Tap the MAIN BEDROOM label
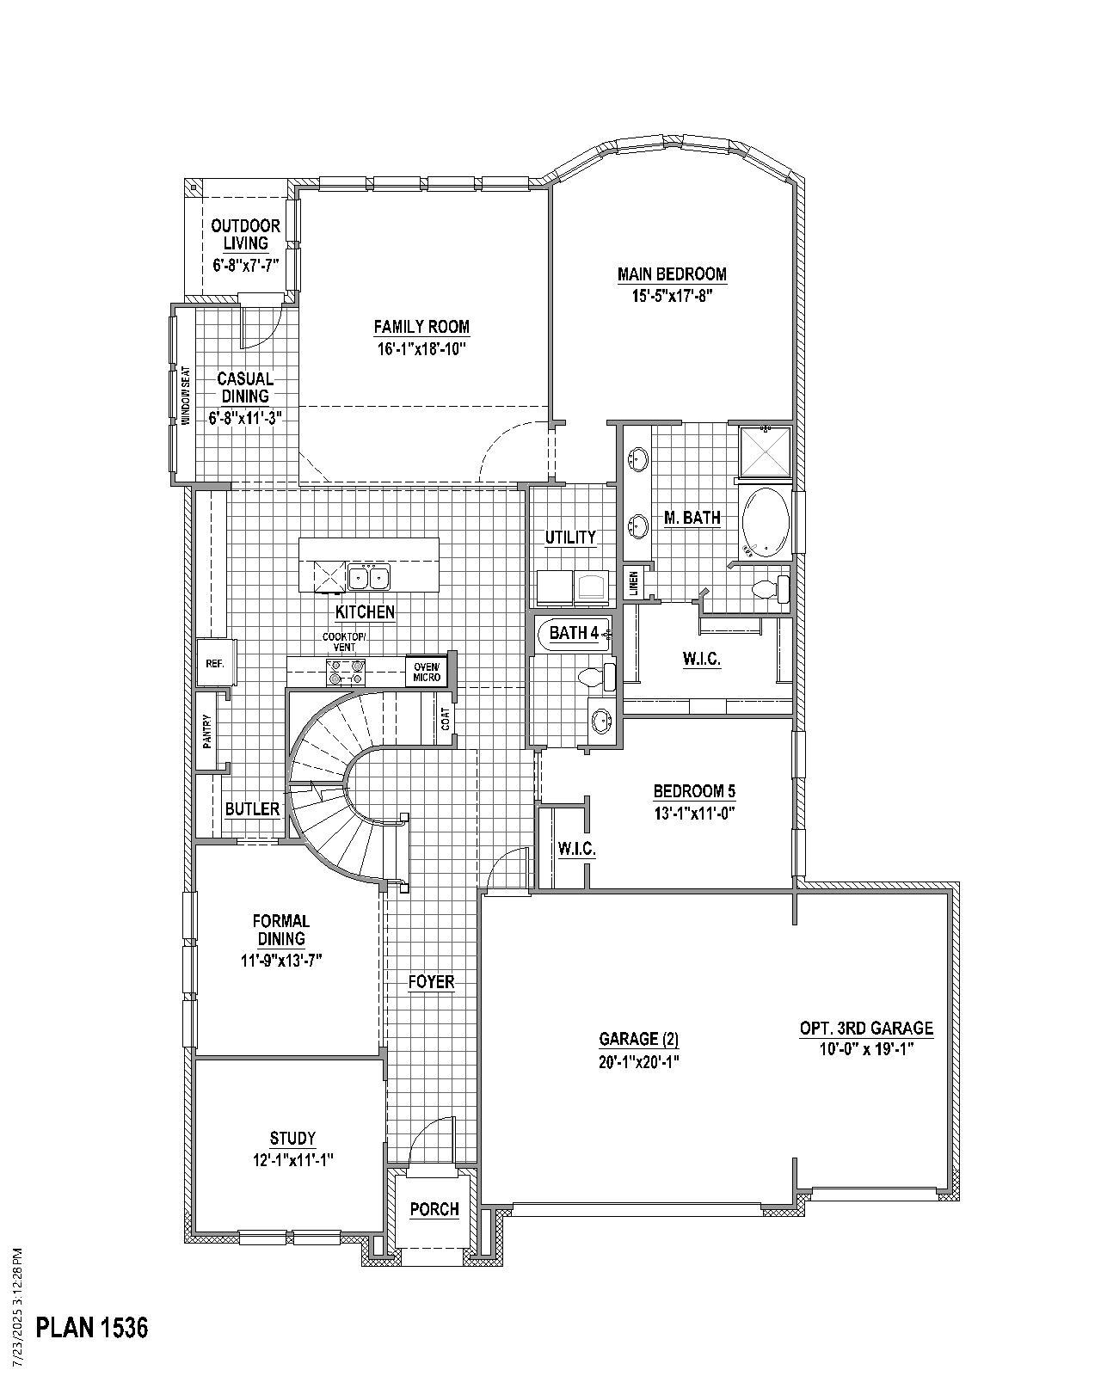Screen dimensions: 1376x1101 click(x=672, y=274)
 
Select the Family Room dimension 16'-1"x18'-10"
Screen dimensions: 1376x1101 click(x=421, y=348)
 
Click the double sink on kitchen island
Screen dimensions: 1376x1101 click(x=368, y=576)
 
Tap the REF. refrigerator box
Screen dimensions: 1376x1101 click(x=214, y=664)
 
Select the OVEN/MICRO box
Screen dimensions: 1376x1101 click(x=427, y=672)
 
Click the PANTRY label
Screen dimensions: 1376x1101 click(x=207, y=732)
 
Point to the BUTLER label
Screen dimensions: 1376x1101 click(x=252, y=809)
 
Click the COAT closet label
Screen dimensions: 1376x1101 click(x=446, y=719)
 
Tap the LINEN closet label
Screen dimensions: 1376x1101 click(x=634, y=583)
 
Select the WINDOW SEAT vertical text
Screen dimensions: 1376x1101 click(x=184, y=396)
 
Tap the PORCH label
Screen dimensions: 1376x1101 click(x=434, y=1209)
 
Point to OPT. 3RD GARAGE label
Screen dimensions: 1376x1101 click(x=866, y=1028)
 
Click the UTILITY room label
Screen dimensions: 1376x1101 click(x=570, y=537)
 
